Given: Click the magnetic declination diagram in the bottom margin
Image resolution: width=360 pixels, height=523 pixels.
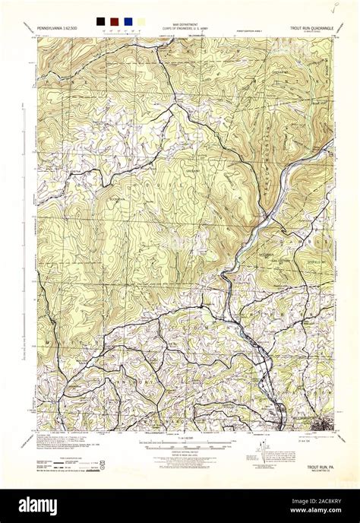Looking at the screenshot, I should (267, 453).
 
